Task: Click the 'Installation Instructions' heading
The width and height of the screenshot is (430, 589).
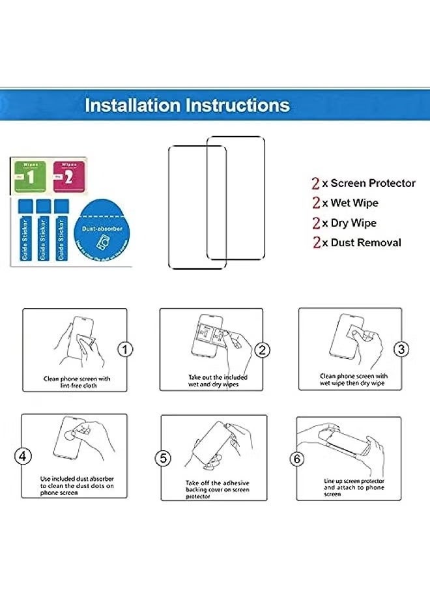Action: pyautogui.click(x=187, y=105)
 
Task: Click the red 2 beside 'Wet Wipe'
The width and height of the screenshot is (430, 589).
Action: pyautogui.click(x=316, y=203)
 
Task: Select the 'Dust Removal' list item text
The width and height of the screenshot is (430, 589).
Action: pyautogui.click(x=366, y=242)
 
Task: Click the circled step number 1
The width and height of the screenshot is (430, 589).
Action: pyautogui.click(x=125, y=349)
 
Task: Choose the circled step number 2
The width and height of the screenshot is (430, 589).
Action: pyautogui.click(x=262, y=350)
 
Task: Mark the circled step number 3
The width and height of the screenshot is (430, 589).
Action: pyautogui.click(x=401, y=349)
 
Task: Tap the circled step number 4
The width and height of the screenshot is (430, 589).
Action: pyautogui.click(x=23, y=456)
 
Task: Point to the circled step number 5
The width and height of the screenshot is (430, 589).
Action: pyautogui.click(x=164, y=459)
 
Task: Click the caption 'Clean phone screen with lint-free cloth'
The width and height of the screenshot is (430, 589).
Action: pyautogui.click(x=77, y=382)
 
